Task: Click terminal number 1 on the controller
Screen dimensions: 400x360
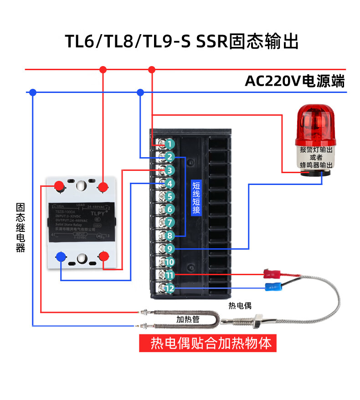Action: tap(170, 144)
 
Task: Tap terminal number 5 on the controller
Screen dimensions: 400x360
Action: tap(170, 197)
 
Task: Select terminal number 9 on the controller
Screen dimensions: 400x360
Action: tap(170, 249)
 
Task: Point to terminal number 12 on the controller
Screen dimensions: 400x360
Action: tap(170, 288)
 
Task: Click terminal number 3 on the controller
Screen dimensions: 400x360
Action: tap(170, 170)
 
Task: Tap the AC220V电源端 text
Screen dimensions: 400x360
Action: tap(294, 81)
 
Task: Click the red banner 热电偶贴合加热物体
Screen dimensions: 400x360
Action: tap(208, 343)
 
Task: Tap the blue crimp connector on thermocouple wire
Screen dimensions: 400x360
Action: tap(273, 287)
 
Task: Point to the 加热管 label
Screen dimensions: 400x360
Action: tap(188, 319)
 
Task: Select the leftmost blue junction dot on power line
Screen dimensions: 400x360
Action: tap(32, 92)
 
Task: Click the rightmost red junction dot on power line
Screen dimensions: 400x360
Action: tap(152, 70)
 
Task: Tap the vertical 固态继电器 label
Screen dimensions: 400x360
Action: tap(20, 227)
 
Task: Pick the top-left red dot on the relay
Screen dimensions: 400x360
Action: tap(59, 186)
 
